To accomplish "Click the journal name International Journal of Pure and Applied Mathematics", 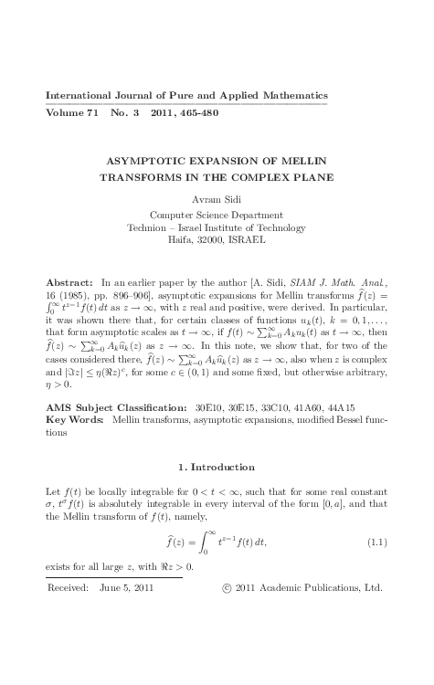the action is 185,96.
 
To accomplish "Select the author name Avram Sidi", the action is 216,198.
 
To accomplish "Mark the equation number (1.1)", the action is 376,543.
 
